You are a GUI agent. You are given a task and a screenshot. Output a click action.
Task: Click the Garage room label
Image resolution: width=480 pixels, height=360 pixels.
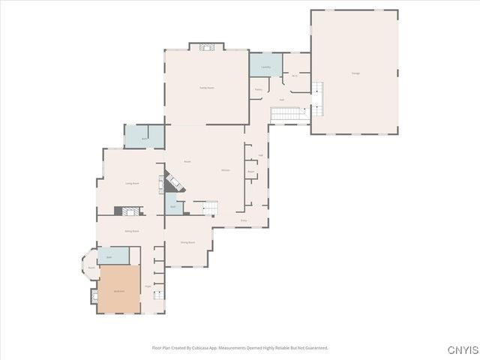[355, 73]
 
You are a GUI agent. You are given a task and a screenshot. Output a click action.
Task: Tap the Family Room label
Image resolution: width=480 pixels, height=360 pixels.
[206, 88]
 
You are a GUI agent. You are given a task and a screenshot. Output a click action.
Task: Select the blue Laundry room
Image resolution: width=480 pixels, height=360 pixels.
[265, 65]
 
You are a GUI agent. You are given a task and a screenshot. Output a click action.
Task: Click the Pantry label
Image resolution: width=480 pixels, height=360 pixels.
[258, 90]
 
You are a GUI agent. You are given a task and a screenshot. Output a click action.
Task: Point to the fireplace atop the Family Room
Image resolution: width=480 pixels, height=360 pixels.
[206, 47]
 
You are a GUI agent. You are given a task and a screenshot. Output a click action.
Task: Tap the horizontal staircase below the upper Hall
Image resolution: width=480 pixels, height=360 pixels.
[285, 113]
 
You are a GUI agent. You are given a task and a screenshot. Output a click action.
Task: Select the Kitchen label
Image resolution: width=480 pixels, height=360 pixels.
[225, 171]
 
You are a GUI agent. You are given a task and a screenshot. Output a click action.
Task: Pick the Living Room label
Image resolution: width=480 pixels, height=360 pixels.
[132, 183]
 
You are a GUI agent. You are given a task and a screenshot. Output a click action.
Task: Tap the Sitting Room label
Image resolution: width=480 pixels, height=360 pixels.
[131, 231]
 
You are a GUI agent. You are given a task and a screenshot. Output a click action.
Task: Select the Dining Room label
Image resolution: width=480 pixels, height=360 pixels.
[187, 242]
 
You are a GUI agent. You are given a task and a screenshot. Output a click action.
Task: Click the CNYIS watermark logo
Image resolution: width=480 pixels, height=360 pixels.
[460, 349]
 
